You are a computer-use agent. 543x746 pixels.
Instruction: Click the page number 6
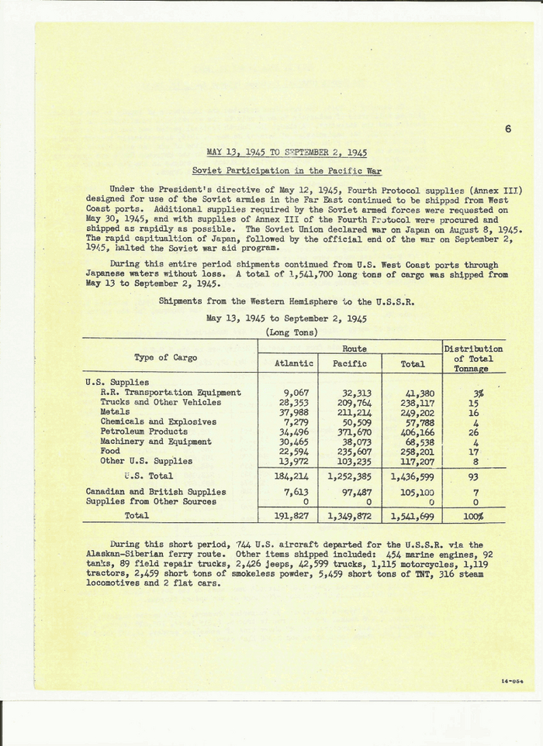(x=507, y=129)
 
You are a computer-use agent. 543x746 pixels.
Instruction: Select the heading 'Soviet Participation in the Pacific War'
(x=286, y=171)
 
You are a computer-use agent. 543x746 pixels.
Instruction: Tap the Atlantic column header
(x=294, y=363)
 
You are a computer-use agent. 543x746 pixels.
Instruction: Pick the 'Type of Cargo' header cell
(x=165, y=358)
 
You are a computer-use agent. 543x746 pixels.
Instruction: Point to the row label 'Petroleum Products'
(x=144, y=431)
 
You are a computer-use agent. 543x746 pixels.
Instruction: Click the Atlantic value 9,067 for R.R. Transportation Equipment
(x=298, y=393)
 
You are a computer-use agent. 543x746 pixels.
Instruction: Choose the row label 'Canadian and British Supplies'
(x=156, y=492)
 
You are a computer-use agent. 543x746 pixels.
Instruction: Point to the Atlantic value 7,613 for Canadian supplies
(x=298, y=492)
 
